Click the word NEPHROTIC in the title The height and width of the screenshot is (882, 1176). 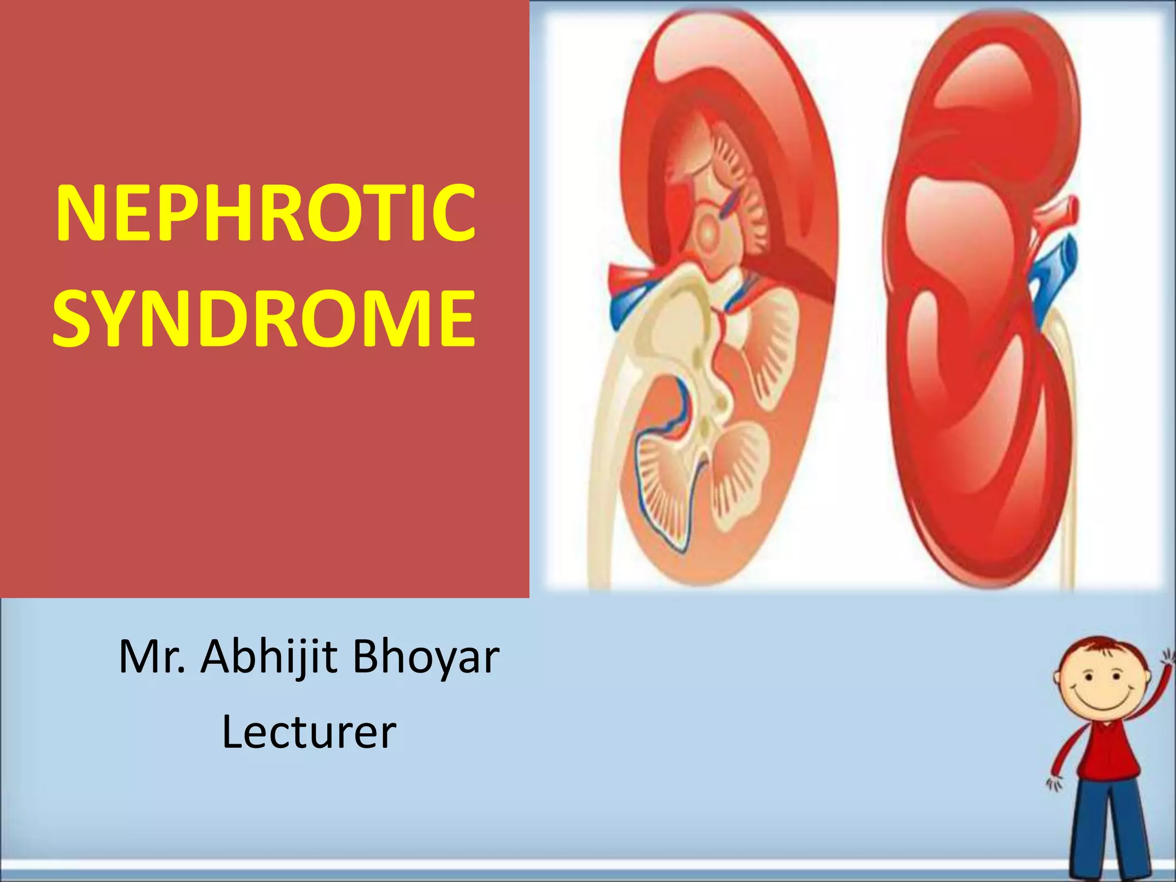[x=265, y=214]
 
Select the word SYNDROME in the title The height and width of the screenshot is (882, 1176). [x=264, y=319]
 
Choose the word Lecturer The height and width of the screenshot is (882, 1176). [x=309, y=733]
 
